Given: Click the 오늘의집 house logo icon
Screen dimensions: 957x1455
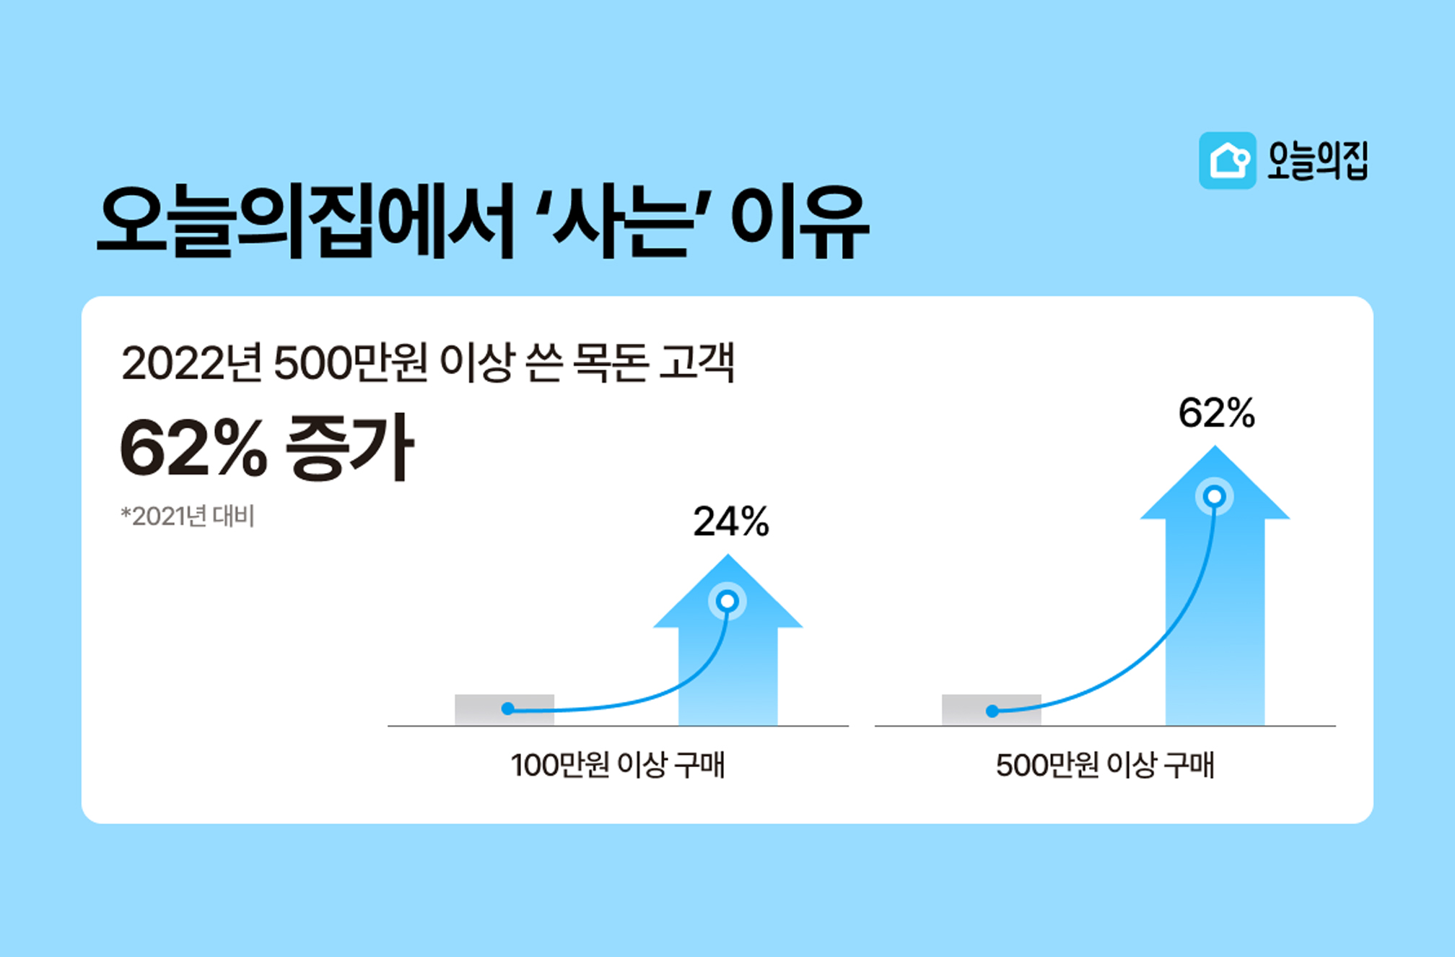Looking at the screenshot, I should click(1227, 160).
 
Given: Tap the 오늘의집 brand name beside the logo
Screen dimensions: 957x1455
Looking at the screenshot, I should click(1317, 160).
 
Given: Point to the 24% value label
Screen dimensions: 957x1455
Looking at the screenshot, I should click(731, 521).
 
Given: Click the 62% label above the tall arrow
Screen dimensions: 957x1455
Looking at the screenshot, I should click(1216, 413).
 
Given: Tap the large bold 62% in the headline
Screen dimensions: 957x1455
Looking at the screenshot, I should click(193, 449).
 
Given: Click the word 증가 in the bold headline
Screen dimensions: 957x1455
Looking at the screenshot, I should click(350, 447).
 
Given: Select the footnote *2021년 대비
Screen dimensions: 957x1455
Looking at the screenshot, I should click(188, 516).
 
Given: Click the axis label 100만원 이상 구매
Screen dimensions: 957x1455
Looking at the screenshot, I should click(617, 765).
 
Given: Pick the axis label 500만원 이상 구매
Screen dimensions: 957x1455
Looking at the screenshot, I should click(1105, 765).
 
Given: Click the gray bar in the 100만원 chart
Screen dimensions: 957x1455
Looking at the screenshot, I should click(504, 709).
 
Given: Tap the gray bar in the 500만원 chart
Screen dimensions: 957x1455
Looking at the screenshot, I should click(991, 709).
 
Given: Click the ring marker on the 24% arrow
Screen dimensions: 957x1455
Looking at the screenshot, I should click(727, 601).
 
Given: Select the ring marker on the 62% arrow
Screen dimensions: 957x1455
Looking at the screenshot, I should click(1215, 497).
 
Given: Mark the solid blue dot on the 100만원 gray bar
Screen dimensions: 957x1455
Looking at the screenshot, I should click(508, 709).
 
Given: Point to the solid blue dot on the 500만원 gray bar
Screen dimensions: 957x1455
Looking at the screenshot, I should click(992, 711).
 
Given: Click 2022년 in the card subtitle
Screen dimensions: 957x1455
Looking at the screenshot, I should click(192, 363).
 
